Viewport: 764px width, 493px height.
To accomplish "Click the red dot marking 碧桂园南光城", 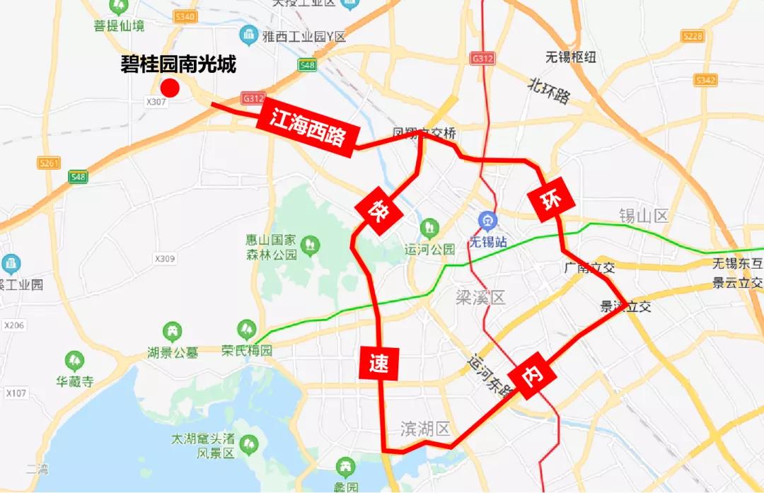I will tap(170, 88).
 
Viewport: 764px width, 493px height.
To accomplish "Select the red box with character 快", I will tap(376, 209).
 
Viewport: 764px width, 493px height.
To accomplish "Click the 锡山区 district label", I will tap(643, 216).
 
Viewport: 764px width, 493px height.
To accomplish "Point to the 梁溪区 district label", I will tap(481, 298).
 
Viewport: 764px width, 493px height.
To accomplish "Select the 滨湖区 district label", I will tap(425, 429).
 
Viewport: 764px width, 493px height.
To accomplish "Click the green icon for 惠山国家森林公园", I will tap(309, 246).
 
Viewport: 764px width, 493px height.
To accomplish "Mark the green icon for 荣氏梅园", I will tap(247, 329).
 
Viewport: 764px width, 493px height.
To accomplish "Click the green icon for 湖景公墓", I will tap(172, 330).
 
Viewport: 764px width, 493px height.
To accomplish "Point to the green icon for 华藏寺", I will tap(74, 361).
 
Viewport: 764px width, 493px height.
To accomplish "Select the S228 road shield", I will tap(693, 36).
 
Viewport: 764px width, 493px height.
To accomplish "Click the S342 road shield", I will tap(705, 80).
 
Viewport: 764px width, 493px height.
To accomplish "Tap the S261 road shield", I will tap(49, 163).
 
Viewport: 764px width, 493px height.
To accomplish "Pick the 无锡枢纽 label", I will tap(570, 57).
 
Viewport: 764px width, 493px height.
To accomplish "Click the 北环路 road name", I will tap(549, 91).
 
